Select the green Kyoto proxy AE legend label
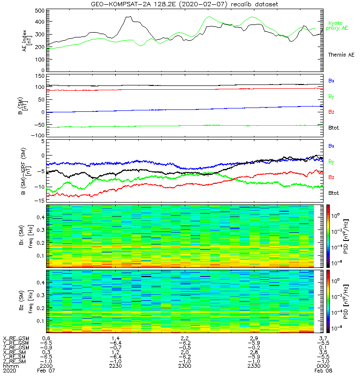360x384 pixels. (x=338, y=25)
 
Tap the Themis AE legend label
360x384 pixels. (x=341, y=55)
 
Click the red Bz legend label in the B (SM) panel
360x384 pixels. (x=331, y=112)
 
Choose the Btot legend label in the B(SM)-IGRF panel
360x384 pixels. (x=334, y=192)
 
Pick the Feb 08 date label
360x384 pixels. (x=320, y=371)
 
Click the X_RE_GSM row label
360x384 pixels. (x=15, y=338)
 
